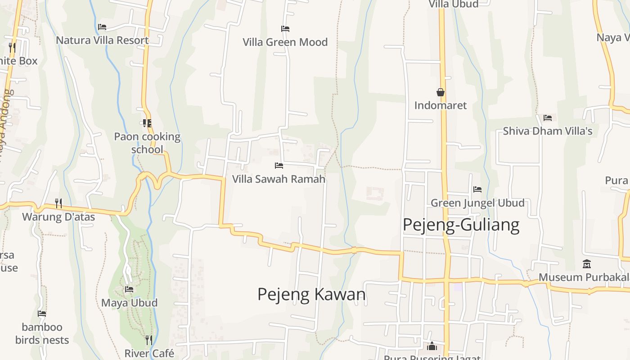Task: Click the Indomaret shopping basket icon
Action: [441, 92]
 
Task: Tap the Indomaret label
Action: [441, 105]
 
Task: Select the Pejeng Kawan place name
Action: [311, 294]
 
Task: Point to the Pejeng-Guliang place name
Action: [461, 224]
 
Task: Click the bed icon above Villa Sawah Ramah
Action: [279, 166]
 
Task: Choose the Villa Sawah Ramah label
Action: [279, 179]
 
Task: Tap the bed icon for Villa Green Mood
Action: [285, 29]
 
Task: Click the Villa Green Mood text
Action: [285, 42]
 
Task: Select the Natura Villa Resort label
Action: [102, 40]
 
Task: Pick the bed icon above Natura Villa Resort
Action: [102, 27]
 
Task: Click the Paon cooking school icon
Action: [147, 123]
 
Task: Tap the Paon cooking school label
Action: [147, 143]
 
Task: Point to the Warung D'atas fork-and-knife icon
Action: [58, 203]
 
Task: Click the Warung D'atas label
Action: [58, 217]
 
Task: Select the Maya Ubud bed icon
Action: [130, 289]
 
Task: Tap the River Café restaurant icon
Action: [149, 340]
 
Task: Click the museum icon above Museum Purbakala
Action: [586, 264]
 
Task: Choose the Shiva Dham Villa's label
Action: [548, 131]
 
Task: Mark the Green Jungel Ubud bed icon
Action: [477, 189]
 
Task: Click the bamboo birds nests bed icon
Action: [42, 314]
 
